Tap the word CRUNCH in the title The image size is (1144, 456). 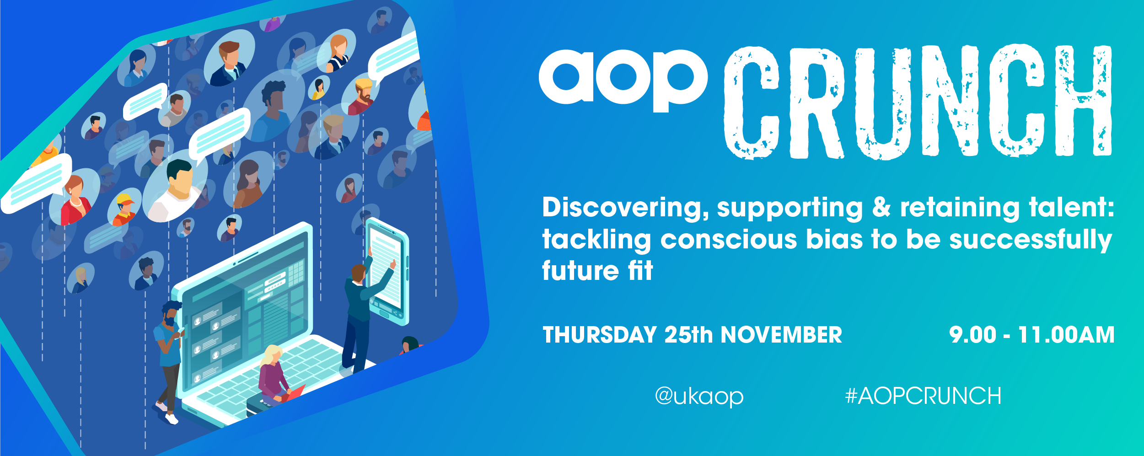tap(918, 102)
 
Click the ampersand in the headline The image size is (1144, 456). tap(881, 207)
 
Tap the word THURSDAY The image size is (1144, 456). tap(600, 335)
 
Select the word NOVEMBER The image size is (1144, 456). tap(781, 335)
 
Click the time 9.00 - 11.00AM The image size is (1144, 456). tap(1031, 335)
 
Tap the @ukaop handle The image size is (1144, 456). tap(699, 397)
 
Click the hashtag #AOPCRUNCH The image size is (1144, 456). tap(923, 396)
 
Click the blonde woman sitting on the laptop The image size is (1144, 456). tap(276, 375)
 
